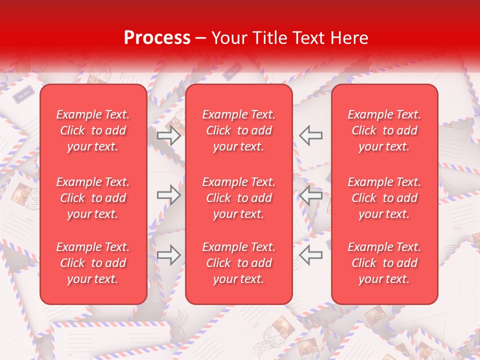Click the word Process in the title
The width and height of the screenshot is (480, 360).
click(x=157, y=38)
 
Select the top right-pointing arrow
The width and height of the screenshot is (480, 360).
click(x=168, y=135)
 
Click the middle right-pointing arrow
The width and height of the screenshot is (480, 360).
click(x=168, y=195)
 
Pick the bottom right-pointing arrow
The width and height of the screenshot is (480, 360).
click(x=168, y=255)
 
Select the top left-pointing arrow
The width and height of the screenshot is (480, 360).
click(x=311, y=135)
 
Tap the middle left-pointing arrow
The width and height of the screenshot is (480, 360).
click(x=311, y=195)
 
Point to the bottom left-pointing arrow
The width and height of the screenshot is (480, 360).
click(x=311, y=255)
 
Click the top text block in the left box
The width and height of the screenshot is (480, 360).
click(x=93, y=130)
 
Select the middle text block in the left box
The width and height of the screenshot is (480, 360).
click(x=93, y=198)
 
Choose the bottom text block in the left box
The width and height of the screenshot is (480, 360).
click(x=93, y=263)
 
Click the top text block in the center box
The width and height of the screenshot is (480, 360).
click(x=239, y=130)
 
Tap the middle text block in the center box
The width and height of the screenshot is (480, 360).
click(x=239, y=198)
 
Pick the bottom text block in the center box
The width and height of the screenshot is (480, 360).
click(x=239, y=263)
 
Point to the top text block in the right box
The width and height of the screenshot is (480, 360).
click(x=384, y=130)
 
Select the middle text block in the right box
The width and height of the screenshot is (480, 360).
click(x=384, y=198)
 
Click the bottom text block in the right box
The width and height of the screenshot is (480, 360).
click(x=384, y=263)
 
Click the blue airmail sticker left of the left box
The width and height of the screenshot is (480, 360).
click(x=25, y=95)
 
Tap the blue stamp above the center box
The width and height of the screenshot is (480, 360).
click(x=231, y=73)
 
